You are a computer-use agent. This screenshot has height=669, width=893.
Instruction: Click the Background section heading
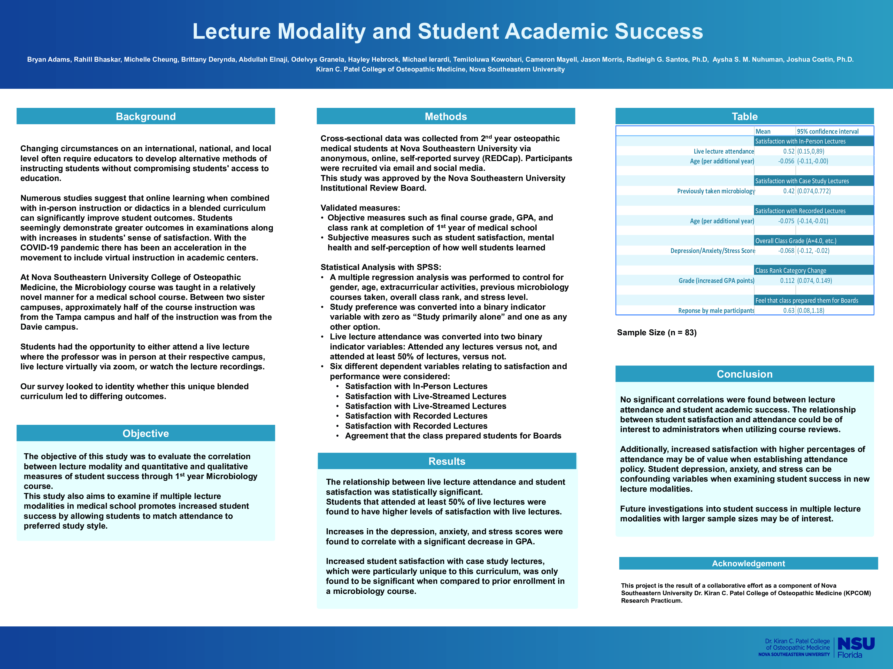tap(146, 117)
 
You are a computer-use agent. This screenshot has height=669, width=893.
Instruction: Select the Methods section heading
tap(446, 117)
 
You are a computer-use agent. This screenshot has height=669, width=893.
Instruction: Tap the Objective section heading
tap(146, 434)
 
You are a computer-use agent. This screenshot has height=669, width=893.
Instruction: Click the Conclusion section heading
tap(744, 374)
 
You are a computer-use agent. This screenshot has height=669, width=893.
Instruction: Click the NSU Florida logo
tap(856, 647)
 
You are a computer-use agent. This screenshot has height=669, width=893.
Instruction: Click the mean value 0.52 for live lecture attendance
tap(788, 151)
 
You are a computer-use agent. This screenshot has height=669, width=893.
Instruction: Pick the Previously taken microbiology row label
tap(716, 191)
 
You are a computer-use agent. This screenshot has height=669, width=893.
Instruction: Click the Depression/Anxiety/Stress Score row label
tap(713, 251)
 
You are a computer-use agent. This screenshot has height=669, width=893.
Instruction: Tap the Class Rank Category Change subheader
tap(790, 270)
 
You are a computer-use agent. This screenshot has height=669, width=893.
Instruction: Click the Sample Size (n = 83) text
tap(656, 333)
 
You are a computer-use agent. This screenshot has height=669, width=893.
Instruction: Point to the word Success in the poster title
tap(658, 31)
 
